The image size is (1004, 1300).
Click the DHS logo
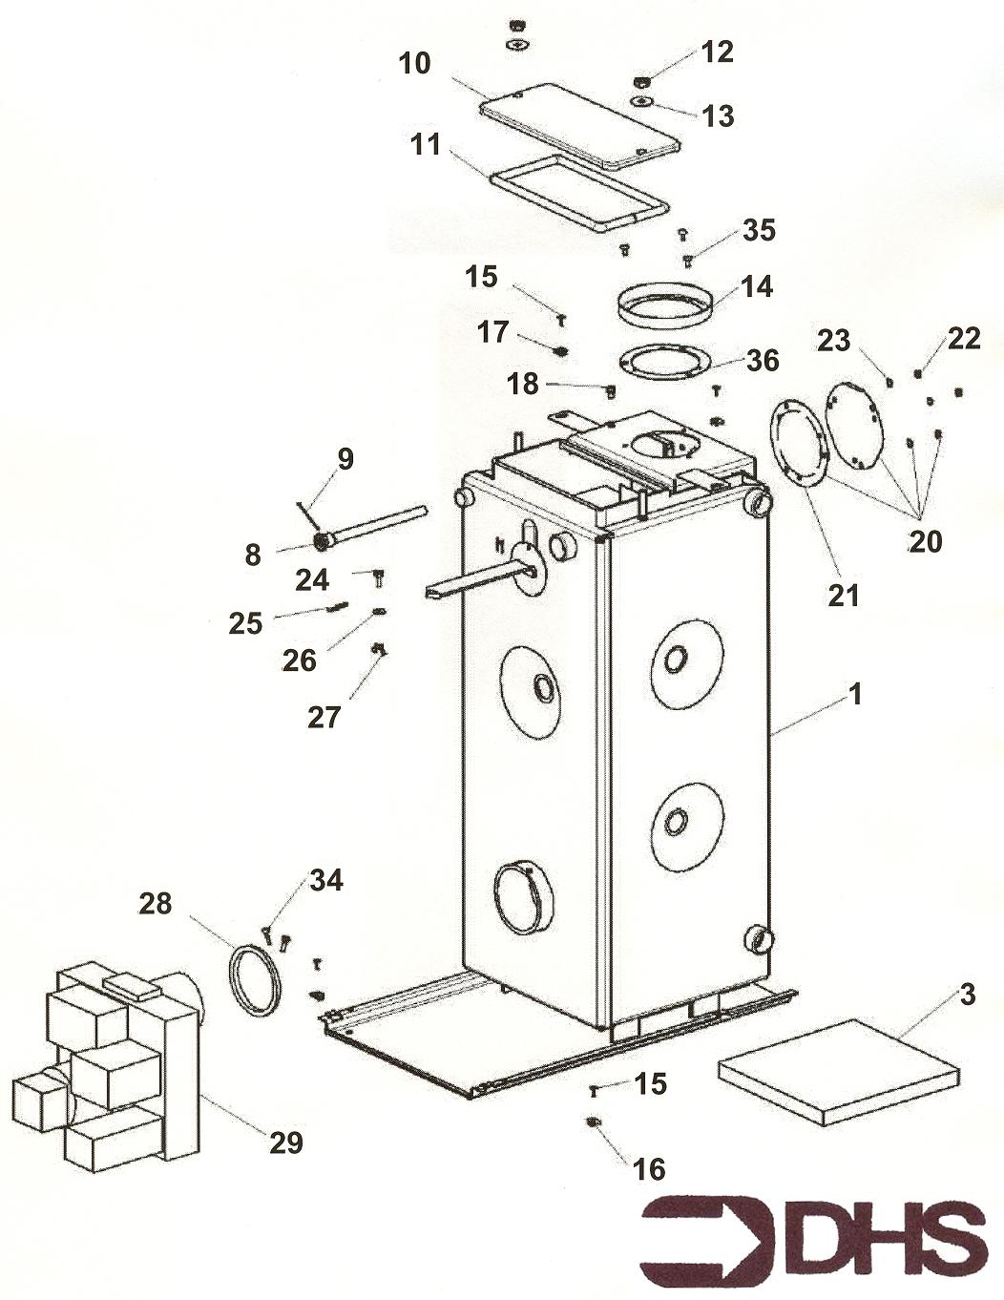coord(814,1244)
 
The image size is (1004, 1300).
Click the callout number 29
coord(285,1142)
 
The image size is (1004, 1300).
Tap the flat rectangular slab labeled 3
coord(838,1070)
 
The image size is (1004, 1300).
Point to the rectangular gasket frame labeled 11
coord(578,194)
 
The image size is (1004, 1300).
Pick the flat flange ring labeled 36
coord(665,363)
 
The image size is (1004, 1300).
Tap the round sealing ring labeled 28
coord(255,980)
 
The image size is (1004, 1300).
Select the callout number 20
coord(925,541)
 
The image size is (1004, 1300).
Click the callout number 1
coord(856,694)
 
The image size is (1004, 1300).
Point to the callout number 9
coord(345,459)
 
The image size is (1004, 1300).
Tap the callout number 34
coord(326,880)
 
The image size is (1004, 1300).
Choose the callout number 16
coord(649,1168)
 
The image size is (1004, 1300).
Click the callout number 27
coord(324,717)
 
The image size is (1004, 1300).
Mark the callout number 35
coord(760,230)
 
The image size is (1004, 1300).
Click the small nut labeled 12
coord(642,80)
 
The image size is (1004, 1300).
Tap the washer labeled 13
coord(642,101)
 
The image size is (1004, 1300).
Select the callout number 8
coord(252,555)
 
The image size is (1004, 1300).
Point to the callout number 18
coord(523,384)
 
